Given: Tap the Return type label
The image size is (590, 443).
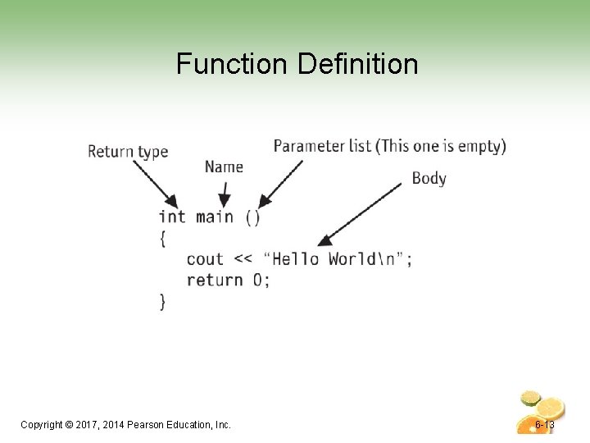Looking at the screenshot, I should pos(127,151).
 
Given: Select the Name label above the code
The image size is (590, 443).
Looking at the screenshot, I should pos(224,167).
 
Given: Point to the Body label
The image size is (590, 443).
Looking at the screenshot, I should pos(429,178).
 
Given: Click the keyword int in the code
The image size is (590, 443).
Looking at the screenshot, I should pos(172,217).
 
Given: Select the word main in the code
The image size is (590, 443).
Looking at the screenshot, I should pos(215,217).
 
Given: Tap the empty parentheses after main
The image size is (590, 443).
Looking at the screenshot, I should pos(253,217).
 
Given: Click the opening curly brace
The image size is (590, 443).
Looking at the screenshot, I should pos(163,238).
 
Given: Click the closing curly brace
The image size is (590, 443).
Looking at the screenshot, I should pos(163,301).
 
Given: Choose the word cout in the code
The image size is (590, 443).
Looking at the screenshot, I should pos(205,259).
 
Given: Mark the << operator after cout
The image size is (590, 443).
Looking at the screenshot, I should pos(243,259).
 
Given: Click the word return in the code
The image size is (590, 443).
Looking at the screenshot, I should pos(215,280).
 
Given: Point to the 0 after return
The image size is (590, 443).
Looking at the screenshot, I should pos(258,280).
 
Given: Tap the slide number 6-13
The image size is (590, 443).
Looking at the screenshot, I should pos(544,425).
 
